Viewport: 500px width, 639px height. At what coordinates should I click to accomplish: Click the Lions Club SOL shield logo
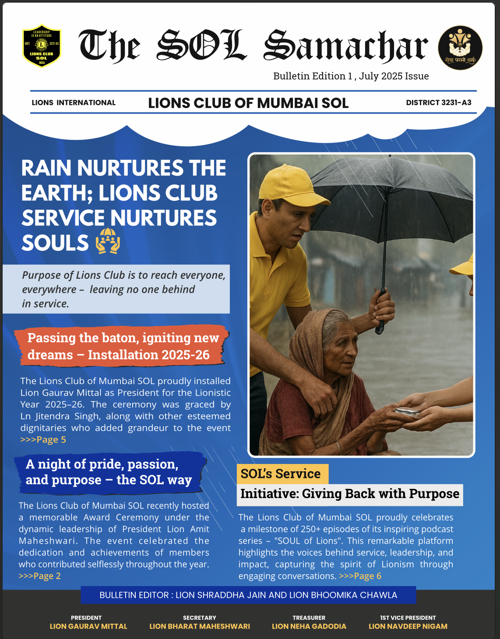pyautogui.click(x=42, y=46)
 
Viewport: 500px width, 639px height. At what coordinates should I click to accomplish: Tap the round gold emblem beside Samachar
pyautogui.click(x=460, y=48)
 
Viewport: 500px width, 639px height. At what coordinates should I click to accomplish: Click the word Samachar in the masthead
pyautogui.click(x=345, y=46)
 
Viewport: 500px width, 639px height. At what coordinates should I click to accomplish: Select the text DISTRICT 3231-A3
pyautogui.click(x=438, y=103)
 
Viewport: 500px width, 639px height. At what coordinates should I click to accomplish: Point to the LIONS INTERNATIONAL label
pyautogui.click(x=74, y=103)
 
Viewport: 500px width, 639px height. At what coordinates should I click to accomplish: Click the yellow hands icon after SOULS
pyautogui.click(x=108, y=241)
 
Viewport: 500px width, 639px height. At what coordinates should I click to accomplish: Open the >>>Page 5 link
pyautogui.click(x=43, y=440)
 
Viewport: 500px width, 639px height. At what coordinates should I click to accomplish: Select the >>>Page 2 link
pyautogui.click(x=39, y=576)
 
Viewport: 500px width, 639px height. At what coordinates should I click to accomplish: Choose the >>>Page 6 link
pyautogui.click(x=360, y=576)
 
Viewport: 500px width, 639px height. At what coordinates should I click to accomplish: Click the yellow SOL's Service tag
pyautogui.click(x=282, y=474)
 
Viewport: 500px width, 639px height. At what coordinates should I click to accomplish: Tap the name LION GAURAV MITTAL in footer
pyautogui.click(x=88, y=626)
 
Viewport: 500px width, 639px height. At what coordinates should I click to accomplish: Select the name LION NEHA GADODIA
pyautogui.click(x=309, y=626)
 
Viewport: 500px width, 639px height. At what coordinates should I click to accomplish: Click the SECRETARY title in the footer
pyautogui.click(x=199, y=618)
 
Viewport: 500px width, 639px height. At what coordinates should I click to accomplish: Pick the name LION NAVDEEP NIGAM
pyautogui.click(x=408, y=626)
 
